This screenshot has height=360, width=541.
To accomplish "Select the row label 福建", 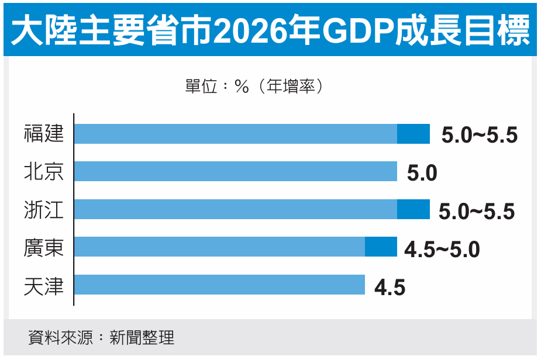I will tap(44, 134).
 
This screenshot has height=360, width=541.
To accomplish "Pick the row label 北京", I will tap(44, 172).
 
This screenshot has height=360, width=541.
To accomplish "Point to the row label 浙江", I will tap(44, 210).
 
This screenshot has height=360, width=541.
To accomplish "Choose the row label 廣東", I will tap(44, 247).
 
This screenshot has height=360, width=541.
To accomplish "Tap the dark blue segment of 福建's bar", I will tap(413, 134).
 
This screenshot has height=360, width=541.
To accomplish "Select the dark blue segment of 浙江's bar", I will tap(413, 209).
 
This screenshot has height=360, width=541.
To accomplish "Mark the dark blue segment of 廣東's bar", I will tap(381, 247).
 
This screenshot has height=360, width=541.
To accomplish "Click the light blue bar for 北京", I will tap(236, 172).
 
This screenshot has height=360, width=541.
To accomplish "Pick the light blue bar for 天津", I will tap(219, 285).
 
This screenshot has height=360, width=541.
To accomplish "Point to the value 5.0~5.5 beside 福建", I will tap(480, 136).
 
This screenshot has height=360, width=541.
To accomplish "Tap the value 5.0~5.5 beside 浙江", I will tap(477, 212).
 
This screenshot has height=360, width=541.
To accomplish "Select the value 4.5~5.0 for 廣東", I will tap(442, 250).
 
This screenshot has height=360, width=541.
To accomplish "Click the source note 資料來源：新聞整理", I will tap(101, 338).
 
